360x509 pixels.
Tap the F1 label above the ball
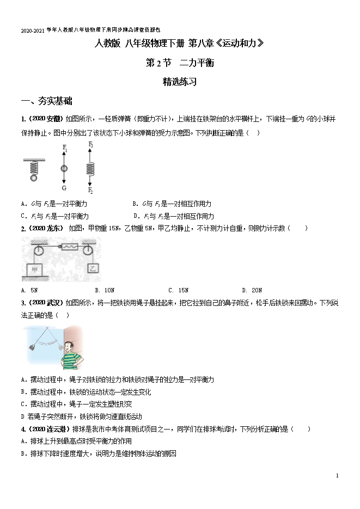tap(65, 148)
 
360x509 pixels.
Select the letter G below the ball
tap(64, 188)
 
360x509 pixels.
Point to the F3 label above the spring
tap(90, 145)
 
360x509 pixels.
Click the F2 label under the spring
tap(90, 191)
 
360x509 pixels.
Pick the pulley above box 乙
tap(89, 250)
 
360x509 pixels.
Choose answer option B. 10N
tap(104, 290)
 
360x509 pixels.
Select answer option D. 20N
tap(252, 290)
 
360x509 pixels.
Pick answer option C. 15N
tap(178, 290)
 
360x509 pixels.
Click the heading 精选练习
tap(179, 83)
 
